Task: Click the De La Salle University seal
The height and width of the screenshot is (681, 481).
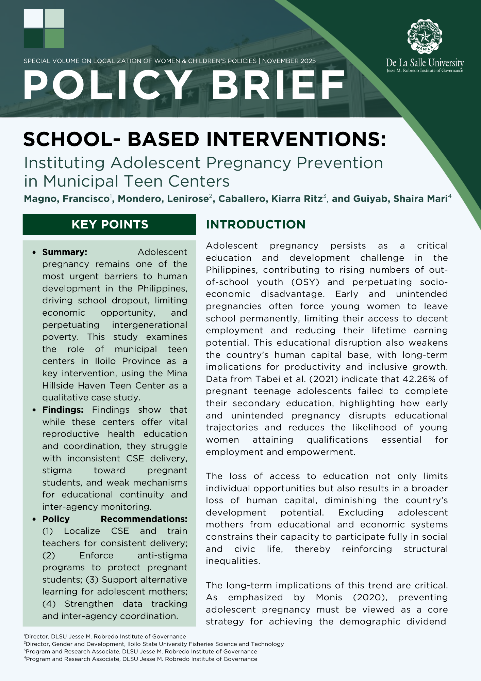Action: click(425, 37)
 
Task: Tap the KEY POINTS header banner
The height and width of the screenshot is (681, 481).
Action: click(110, 224)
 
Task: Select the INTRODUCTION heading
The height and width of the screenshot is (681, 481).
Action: click(255, 224)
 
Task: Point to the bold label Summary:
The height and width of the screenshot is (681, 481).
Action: click(65, 252)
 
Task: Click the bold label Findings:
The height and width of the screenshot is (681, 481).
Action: click(63, 410)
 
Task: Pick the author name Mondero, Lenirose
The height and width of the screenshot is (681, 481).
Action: click(163, 199)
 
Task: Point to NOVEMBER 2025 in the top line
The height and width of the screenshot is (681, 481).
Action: click(289, 61)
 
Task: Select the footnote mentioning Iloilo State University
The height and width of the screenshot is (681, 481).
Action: click(155, 644)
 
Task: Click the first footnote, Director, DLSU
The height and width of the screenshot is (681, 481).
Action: click(105, 636)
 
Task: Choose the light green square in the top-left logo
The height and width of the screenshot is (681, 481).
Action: click(54, 38)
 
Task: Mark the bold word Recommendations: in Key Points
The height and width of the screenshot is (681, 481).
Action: click(144, 519)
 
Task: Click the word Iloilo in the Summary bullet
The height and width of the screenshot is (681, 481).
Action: click(105, 361)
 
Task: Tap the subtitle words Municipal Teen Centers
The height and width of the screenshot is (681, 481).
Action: click(136, 181)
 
